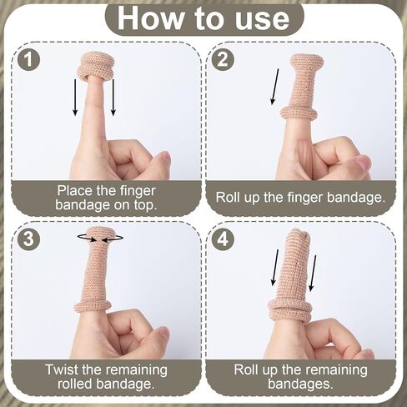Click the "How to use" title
point(203,18)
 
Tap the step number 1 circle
point(30,60)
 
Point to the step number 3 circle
point(30,239)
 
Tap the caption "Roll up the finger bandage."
point(300,197)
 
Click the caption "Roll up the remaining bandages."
point(300,376)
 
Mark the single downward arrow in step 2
point(273,88)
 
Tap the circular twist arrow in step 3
point(99,238)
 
